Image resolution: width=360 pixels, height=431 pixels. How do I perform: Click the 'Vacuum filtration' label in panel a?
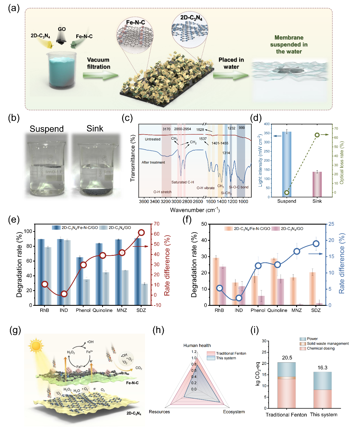(98, 63)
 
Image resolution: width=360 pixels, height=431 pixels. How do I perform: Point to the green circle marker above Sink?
(317, 135)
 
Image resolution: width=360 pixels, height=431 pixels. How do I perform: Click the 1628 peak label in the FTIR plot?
(200, 129)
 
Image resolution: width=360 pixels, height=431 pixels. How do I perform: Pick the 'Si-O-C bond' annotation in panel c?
(239, 187)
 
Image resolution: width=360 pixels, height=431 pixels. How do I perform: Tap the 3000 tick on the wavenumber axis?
(176, 202)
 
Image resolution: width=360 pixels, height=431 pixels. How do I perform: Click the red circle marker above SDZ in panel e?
(141, 233)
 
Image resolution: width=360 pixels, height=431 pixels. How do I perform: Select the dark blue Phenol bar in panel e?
(80, 281)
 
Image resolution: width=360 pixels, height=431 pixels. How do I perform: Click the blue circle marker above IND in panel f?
(239, 298)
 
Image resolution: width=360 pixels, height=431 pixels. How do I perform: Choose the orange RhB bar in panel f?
(216, 281)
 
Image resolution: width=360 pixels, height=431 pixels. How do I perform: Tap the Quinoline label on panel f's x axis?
(277, 310)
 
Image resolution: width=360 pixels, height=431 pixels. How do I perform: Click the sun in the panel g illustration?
(36, 346)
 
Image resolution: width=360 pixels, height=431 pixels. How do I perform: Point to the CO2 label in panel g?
(139, 368)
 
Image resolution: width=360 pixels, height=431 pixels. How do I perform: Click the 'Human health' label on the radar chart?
(197, 346)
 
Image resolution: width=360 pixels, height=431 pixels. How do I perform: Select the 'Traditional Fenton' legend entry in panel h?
(231, 353)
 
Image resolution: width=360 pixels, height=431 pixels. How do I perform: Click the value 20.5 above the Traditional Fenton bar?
(287, 358)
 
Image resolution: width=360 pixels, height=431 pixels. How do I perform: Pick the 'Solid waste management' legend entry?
(328, 344)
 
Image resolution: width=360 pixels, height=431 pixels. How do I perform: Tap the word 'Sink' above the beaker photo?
(95, 129)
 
